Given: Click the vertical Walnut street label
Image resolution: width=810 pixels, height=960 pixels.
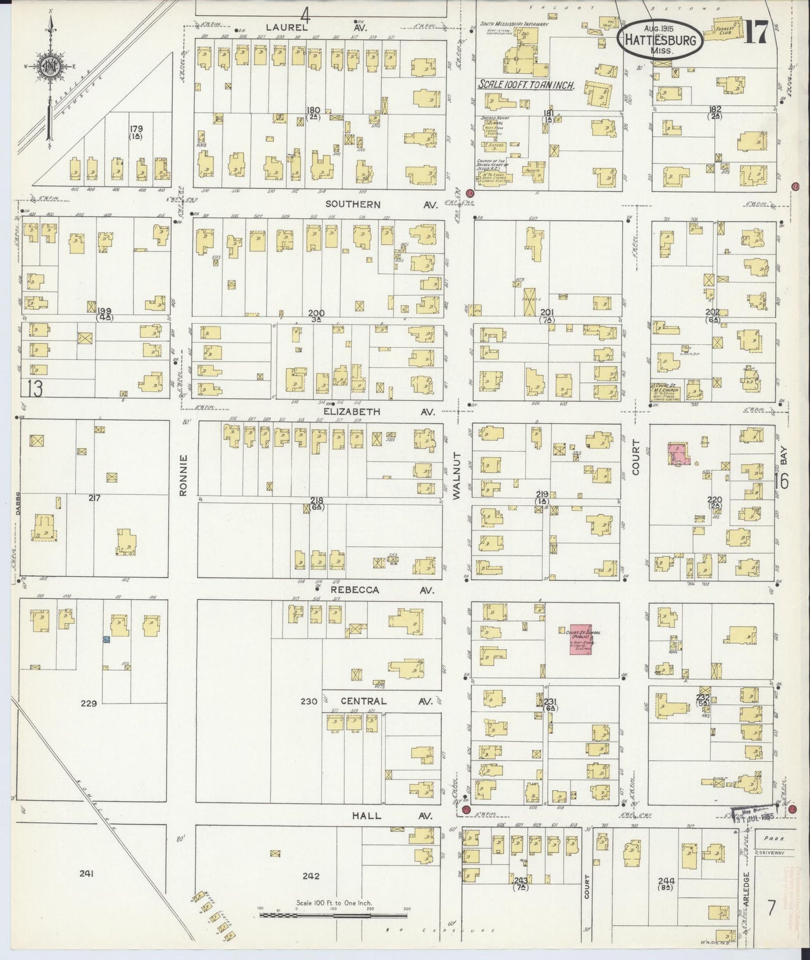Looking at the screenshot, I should point(456,476).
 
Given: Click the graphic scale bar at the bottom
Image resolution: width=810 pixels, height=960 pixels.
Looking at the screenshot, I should point(333,915).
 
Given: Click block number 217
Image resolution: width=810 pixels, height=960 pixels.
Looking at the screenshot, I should point(94,497).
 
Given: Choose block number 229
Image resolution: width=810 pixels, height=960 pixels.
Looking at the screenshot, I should point(89,703).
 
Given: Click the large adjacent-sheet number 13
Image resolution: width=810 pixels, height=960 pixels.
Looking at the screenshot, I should point(33,388).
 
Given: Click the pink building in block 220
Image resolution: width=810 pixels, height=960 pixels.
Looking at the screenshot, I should point(678,454).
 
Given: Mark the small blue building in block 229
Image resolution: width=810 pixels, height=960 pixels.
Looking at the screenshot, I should point(105,639).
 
